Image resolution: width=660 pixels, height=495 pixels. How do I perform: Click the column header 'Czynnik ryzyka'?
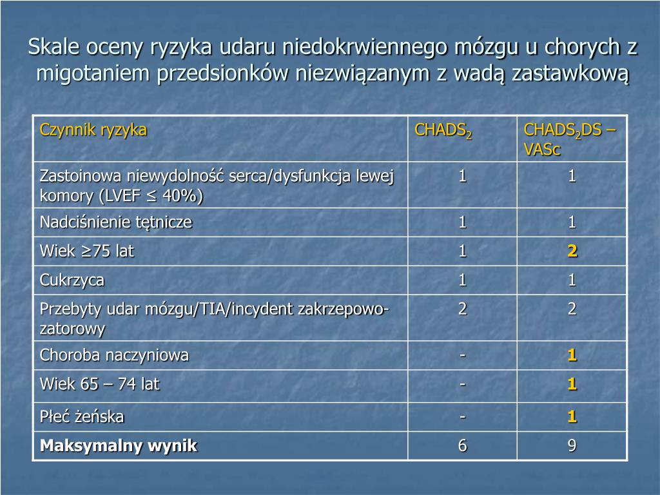click(93, 130)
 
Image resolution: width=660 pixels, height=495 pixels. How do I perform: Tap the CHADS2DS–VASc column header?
click(570, 139)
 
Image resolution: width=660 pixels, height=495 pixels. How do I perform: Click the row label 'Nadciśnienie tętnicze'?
click(116, 222)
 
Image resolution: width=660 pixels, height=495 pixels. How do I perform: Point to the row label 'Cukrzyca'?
click(72, 280)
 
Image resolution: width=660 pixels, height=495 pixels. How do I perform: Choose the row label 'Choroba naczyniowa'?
click(114, 354)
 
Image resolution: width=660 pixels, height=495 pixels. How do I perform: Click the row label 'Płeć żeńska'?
click(82, 417)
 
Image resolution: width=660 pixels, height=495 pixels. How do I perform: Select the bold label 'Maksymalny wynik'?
click(119, 445)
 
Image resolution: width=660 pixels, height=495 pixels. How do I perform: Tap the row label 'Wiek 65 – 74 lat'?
click(99, 384)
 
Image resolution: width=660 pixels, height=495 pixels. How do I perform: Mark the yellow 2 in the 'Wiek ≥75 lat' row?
click(572, 251)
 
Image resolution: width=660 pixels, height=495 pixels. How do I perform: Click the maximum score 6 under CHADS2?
click(462, 446)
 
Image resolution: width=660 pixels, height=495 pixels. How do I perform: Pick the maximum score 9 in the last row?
click(572, 446)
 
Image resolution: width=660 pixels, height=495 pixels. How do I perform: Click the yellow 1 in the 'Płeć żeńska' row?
click(572, 417)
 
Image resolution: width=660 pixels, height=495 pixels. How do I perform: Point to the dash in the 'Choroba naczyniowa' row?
click(462, 354)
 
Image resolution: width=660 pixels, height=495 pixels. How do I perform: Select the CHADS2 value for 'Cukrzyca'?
click(462, 280)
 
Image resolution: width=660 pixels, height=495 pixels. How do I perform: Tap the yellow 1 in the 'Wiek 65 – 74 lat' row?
click(572, 385)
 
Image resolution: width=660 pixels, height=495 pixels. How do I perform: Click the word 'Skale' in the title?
click(52, 47)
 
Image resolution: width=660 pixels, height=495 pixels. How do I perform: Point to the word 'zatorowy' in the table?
click(72, 329)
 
